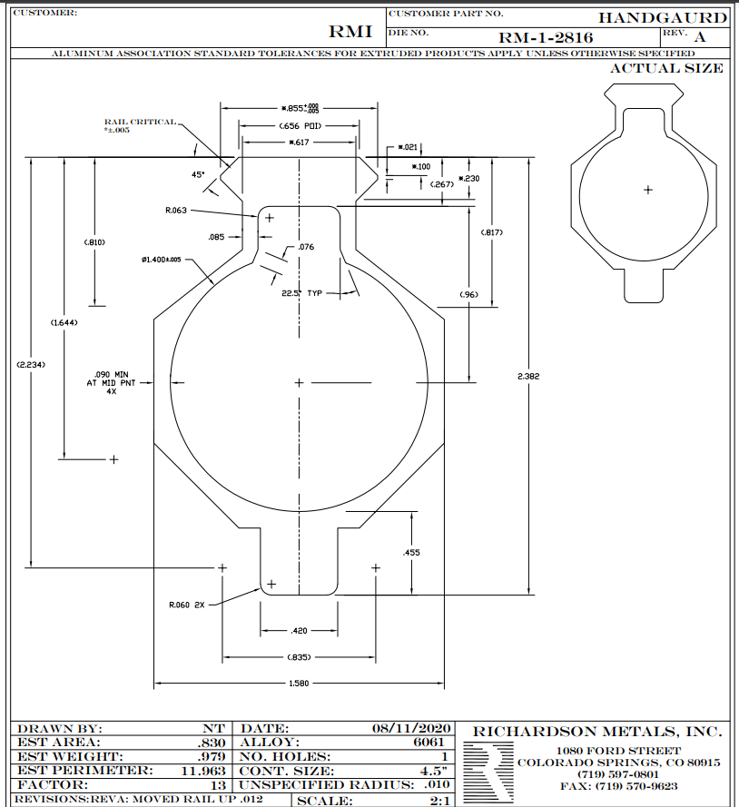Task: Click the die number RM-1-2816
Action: coord(546,37)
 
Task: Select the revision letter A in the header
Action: coord(700,37)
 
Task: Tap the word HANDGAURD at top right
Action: coord(663,18)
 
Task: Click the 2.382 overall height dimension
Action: coord(528,376)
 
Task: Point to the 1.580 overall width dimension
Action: coord(299,683)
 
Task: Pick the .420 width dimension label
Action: coord(299,631)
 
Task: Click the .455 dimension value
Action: coord(411,552)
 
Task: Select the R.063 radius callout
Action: coord(176,210)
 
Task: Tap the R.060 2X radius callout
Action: coord(187,605)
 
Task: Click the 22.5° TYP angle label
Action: coord(301,293)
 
